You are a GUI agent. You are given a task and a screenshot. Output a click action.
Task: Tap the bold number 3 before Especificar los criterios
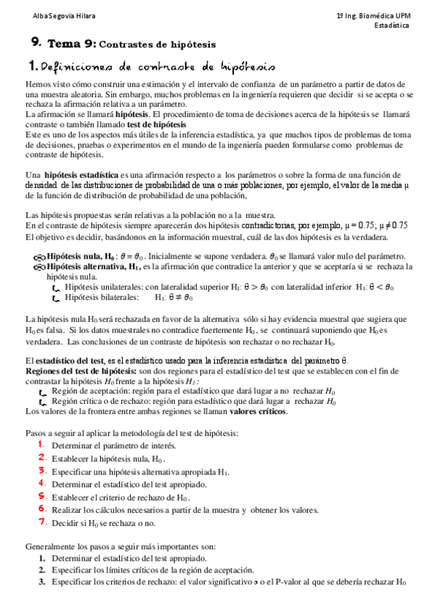[41, 582]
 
